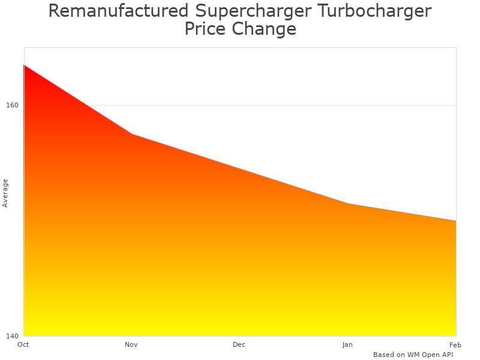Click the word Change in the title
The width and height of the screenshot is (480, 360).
point(265,29)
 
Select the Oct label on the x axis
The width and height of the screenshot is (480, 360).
point(23,344)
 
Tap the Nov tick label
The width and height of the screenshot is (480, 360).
point(131,344)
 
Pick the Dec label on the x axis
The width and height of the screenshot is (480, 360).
point(239,344)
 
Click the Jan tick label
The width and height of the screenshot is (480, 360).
point(347,344)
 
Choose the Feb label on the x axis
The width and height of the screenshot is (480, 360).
point(455,344)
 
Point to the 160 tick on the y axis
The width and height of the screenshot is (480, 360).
point(12,106)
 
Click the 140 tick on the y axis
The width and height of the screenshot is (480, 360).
point(12,336)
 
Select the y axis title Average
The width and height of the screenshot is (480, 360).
point(5,193)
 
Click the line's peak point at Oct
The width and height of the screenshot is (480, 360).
point(24,65)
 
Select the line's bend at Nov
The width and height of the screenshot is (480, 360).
point(132,134)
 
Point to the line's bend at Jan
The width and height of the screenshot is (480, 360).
point(348,204)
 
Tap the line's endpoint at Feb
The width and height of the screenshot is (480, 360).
point(455,221)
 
